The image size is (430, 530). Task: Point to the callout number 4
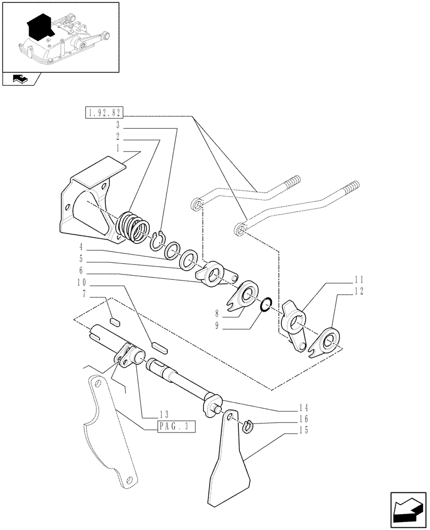coord(82,247)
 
